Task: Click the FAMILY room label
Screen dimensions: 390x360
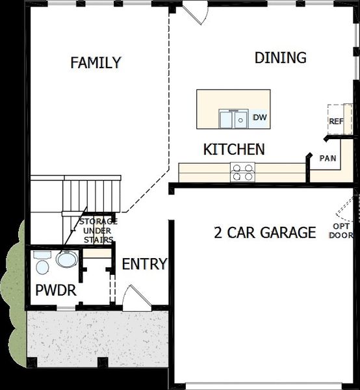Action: pos(96,62)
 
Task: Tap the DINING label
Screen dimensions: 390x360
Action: pos(280,57)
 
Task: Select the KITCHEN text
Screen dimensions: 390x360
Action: pos(234,149)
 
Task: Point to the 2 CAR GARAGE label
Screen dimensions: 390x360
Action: pos(265,232)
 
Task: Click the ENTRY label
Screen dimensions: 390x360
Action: pos(144,264)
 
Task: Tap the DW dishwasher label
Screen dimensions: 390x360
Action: pos(260,118)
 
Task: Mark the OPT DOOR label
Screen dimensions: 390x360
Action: pos(341,231)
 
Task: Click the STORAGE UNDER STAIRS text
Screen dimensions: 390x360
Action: pos(97,231)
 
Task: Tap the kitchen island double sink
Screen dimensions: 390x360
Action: pos(233,119)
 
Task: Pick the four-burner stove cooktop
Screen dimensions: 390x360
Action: pos(242,172)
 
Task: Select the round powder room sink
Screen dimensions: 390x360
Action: pos(66,260)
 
